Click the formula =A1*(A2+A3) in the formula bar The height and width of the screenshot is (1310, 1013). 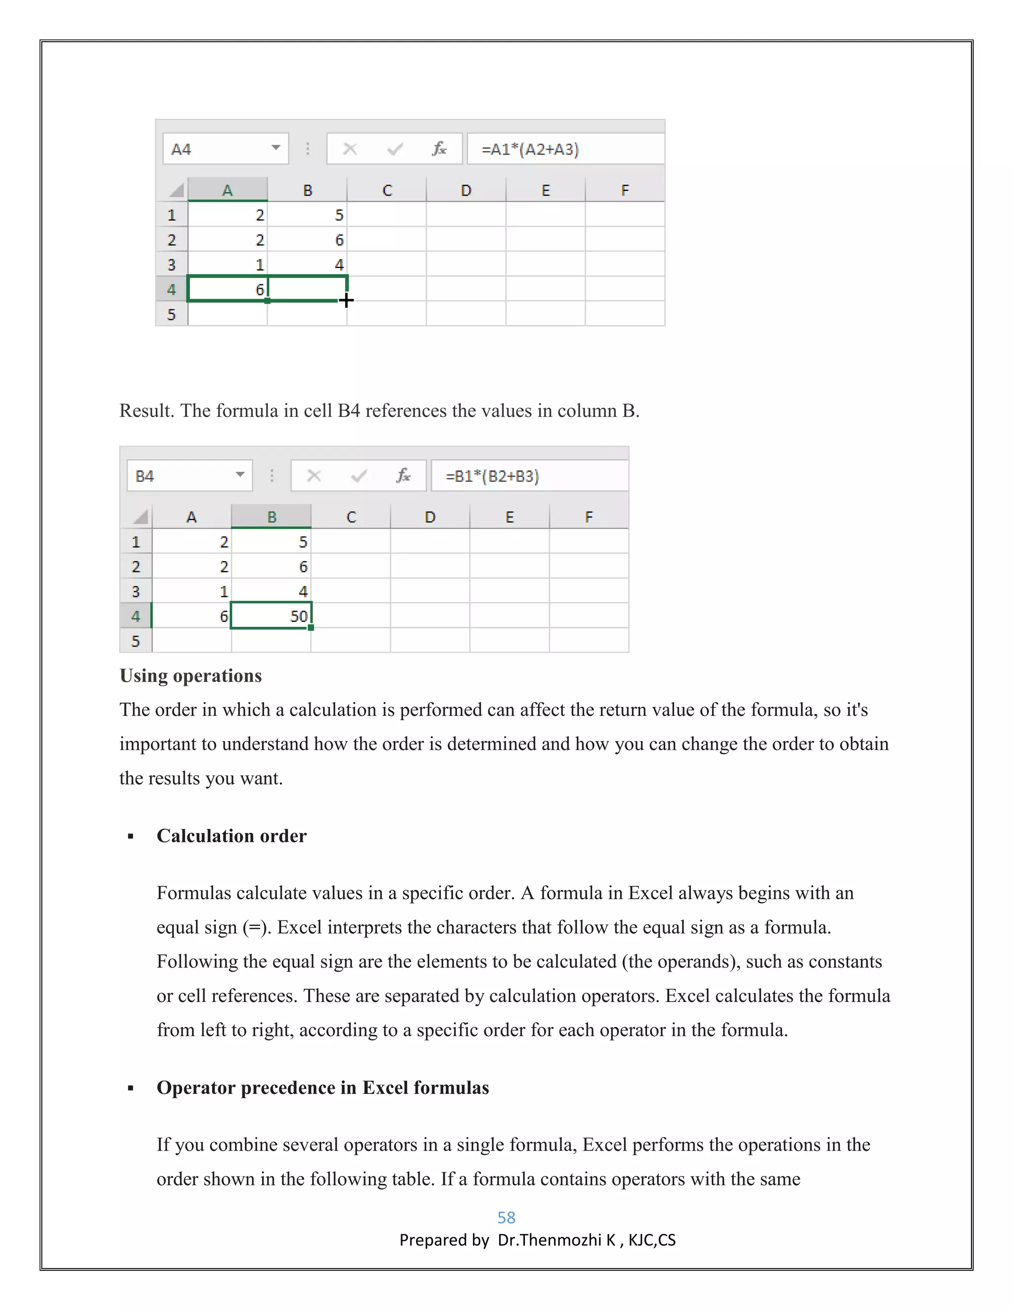(530, 149)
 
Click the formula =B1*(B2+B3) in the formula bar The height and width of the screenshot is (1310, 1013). (492, 476)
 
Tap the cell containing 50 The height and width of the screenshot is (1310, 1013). (271, 616)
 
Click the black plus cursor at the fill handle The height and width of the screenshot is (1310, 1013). (346, 300)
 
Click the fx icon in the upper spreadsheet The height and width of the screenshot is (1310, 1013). (439, 149)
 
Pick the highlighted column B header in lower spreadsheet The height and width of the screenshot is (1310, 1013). (271, 517)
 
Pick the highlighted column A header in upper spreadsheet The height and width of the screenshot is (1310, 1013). (228, 190)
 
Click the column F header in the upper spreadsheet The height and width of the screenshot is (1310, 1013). (625, 190)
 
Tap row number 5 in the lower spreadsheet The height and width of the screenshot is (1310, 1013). (136, 641)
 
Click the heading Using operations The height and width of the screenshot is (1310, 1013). (191, 676)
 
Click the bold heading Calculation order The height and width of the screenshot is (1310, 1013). (231, 836)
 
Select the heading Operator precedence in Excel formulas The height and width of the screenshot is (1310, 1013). (323, 1088)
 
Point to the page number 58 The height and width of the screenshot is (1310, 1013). (506, 1218)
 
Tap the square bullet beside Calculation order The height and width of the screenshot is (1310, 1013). (131, 837)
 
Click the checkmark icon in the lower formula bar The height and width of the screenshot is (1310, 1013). (359, 476)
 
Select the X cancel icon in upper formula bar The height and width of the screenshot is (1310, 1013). (350, 149)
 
